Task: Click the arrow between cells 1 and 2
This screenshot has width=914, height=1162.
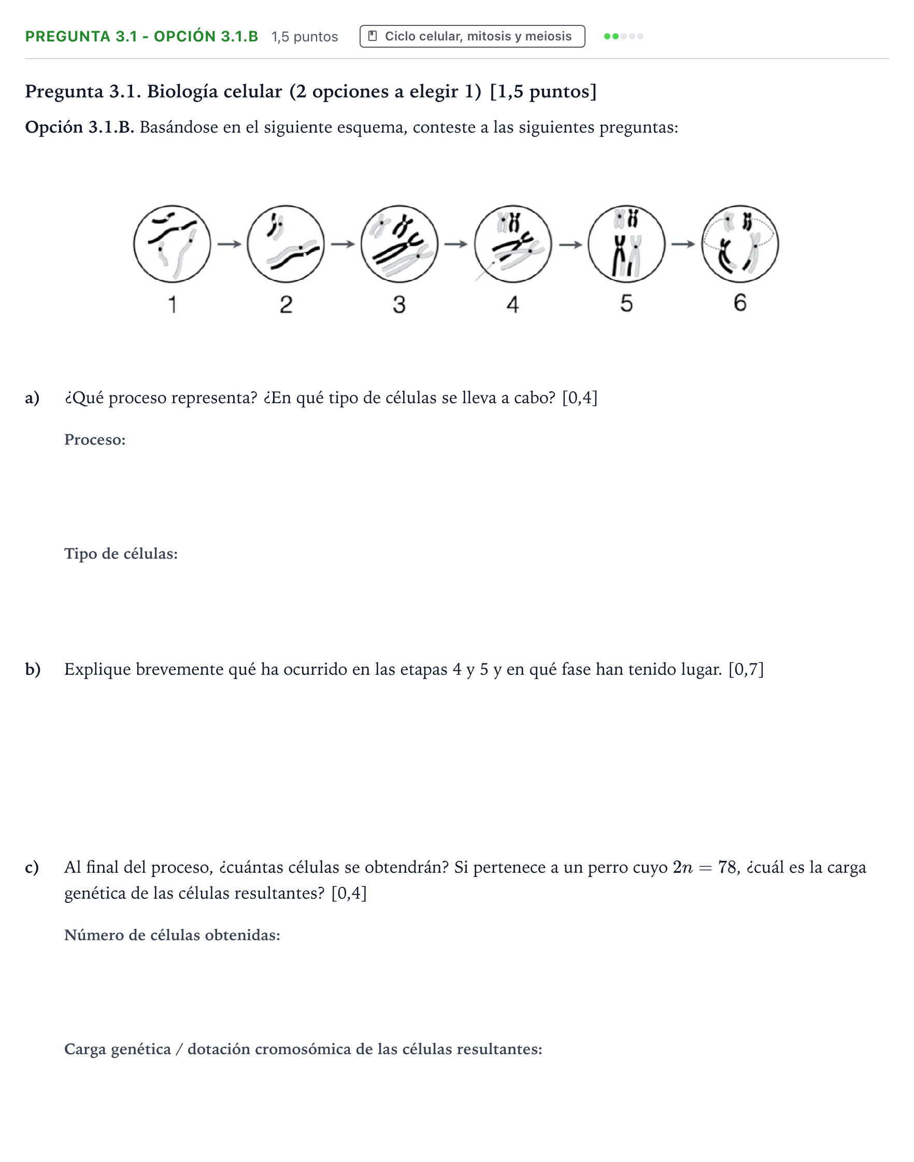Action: [x=230, y=244]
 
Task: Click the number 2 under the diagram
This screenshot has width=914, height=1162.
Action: [x=287, y=305]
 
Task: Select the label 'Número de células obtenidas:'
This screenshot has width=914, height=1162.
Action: [x=173, y=935]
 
